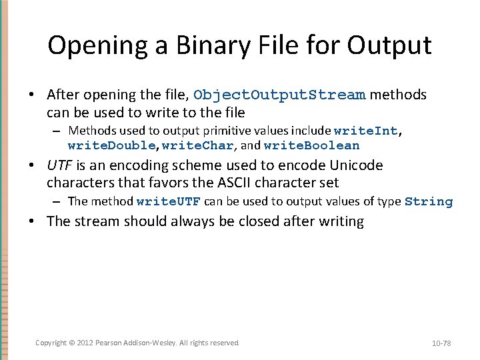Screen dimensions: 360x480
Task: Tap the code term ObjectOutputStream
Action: [x=279, y=95]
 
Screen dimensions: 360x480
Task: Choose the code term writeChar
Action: [x=198, y=145]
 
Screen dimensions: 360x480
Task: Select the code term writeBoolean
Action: [x=311, y=145]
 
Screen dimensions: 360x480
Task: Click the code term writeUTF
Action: [x=168, y=201]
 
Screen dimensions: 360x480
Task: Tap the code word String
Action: [x=428, y=201]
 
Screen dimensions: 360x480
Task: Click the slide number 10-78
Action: [x=441, y=343]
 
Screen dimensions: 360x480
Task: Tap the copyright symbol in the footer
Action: [x=72, y=343]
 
